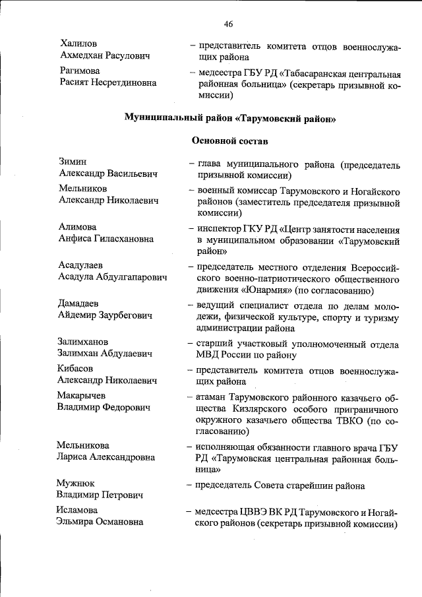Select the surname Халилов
(x=78, y=43)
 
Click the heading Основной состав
(x=229, y=140)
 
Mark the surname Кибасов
(x=76, y=368)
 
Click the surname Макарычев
(x=81, y=394)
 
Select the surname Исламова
(x=78, y=510)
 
